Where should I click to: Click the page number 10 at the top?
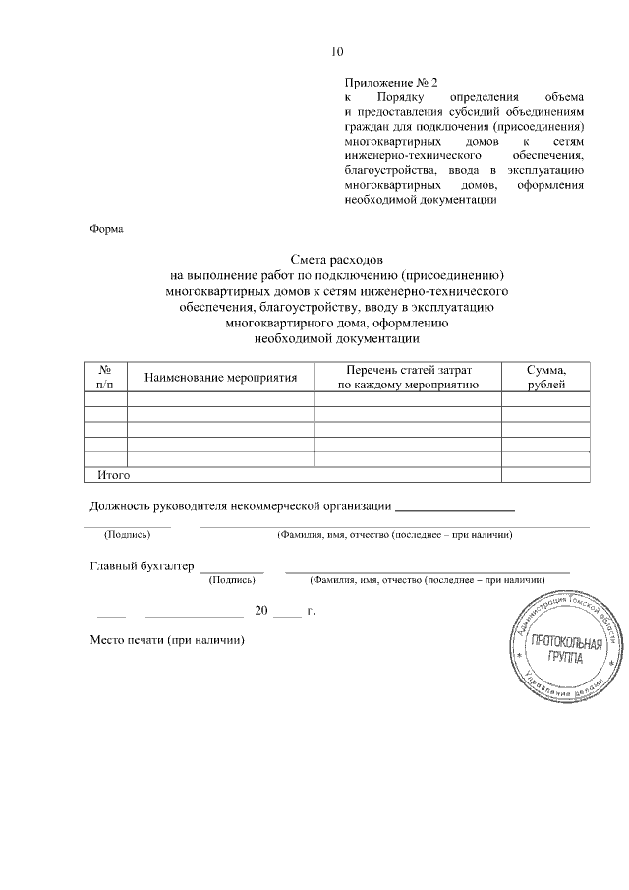(x=338, y=52)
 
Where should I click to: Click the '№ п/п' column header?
(x=105, y=377)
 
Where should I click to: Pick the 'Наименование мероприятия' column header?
(x=220, y=378)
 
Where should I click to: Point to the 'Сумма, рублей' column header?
(x=545, y=377)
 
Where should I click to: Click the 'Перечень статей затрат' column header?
(x=408, y=369)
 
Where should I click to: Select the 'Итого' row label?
(x=114, y=475)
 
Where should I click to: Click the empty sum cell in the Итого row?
(x=545, y=475)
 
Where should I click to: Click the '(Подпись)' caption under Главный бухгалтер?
(x=232, y=580)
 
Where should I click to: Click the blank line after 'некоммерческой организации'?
(x=454, y=508)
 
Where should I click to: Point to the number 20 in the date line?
(x=261, y=611)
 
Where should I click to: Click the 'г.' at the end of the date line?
(x=311, y=611)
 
